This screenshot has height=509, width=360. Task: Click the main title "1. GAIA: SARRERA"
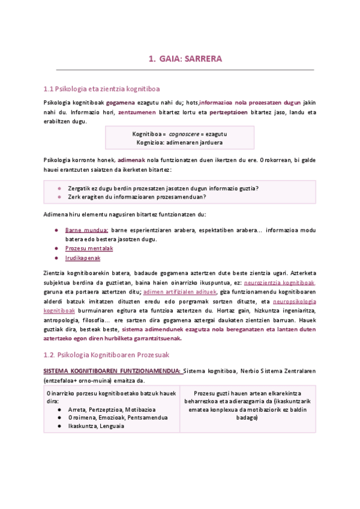pyautogui.click(x=185, y=59)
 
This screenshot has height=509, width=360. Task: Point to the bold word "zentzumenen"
pyautogui.click(x=137, y=112)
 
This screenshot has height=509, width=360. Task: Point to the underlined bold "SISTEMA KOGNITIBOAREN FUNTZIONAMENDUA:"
pyautogui.click(x=112, y=371)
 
